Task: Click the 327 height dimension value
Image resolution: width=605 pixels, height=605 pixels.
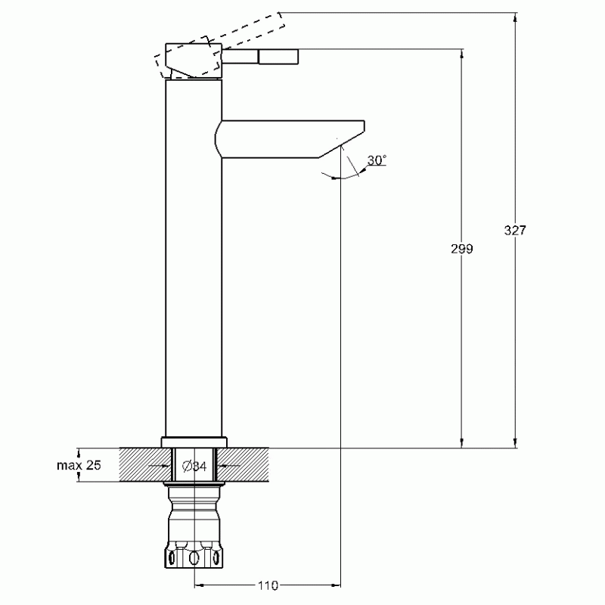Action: click(x=515, y=230)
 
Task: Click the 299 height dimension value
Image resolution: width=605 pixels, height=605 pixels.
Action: click(x=462, y=249)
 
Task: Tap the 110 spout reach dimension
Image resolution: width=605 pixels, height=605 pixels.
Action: click(x=268, y=585)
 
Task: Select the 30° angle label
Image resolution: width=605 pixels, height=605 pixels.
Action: click(x=377, y=160)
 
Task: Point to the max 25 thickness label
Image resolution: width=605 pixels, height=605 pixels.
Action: click(x=79, y=465)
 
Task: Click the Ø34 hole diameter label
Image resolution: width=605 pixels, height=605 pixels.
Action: click(x=194, y=466)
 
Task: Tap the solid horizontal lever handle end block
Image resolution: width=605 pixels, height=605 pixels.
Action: click(x=278, y=56)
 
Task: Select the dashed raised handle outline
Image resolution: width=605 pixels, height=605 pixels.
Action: click(x=219, y=45)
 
